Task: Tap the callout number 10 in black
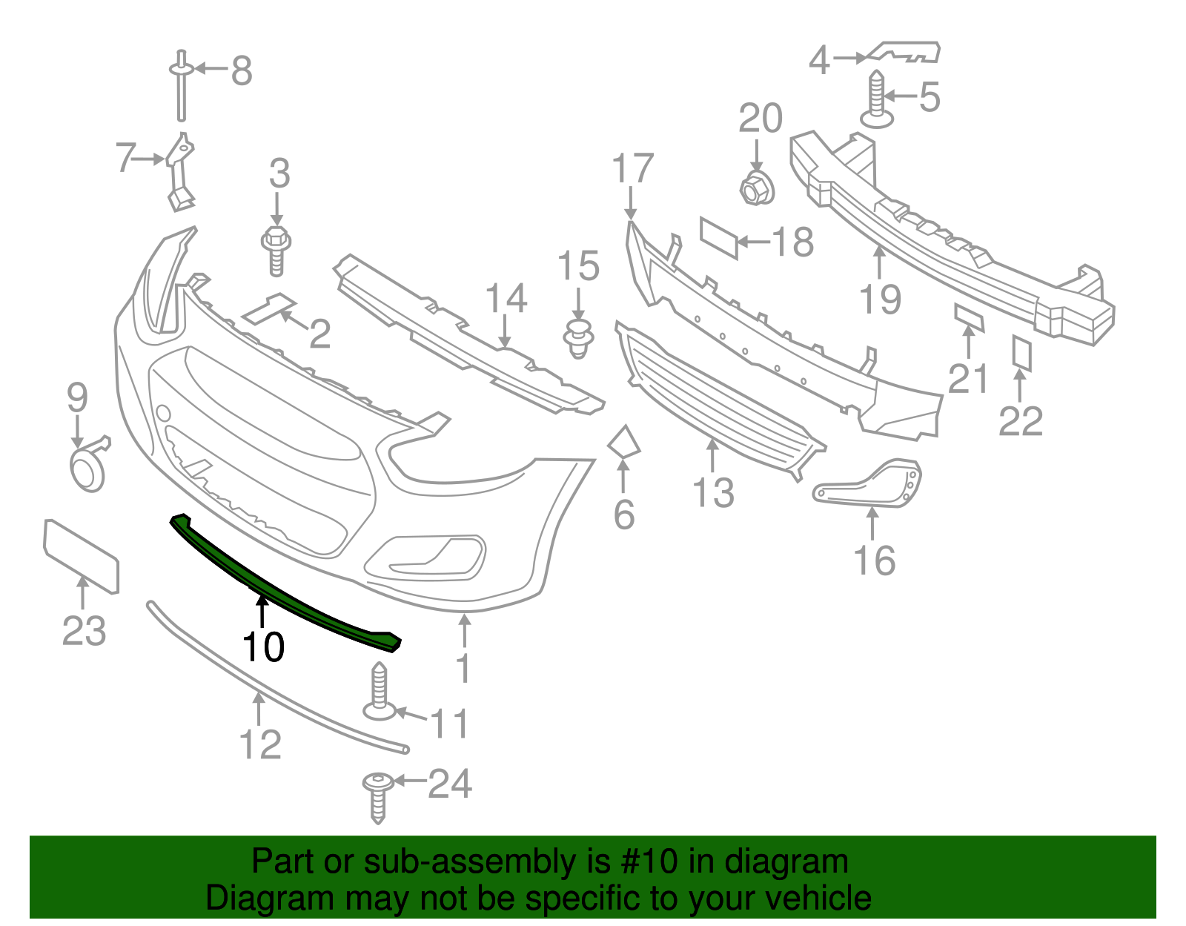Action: pyautogui.click(x=263, y=647)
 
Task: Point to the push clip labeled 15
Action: pyautogui.click(x=579, y=338)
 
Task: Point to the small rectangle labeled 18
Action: pyautogui.click(x=719, y=237)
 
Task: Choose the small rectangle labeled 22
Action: pyautogui.click(x=1022, y=353)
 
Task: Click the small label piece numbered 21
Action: pyautogui.click(x=969, y=317)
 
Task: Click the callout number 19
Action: pyautogui.click(x=880, y=300)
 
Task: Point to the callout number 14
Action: pyautogui.click(x=506, y=298)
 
